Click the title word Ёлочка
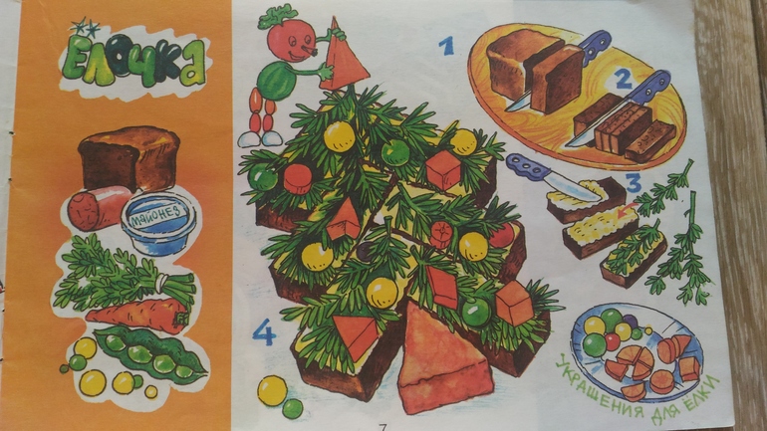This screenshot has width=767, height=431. [x=133, y=61]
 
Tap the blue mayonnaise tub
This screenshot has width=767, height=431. [x=158, y=222]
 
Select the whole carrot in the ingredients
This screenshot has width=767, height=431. [x=138, y=316]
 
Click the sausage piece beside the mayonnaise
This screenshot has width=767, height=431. [x=96, y=208]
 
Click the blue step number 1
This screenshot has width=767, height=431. [x=446, y=46]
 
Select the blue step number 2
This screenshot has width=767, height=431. [x=623, y=80]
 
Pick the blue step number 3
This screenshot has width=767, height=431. [x=633, y=183]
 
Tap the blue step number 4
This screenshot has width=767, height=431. [x=264, y=332]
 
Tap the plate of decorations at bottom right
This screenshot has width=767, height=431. [x=637, y=350]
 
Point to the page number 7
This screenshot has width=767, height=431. [x=383, y=427]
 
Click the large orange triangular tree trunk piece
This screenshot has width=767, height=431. [x=442, y=359]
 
